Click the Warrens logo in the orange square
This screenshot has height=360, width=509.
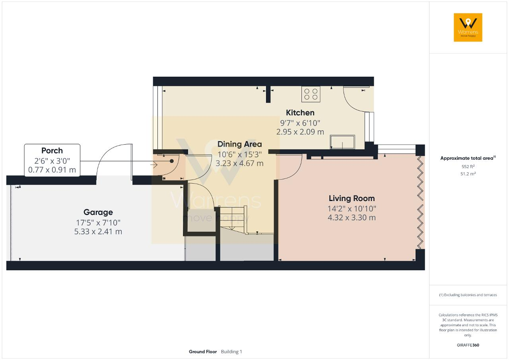pyautogui.click(x=468, y=27)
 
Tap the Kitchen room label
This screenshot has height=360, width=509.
pyautogui.click(x=300, y=112)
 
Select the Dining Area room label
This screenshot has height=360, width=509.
pyautogui.click(x=239, y=144)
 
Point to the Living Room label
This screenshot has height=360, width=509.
pyautogui.click(x=352, y=198)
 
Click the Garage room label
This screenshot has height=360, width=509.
pyautogui.click(x=98, y=212)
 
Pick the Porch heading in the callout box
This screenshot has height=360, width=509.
pyautogui.click(x=52, y=151)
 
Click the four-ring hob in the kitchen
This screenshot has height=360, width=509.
pyautogui.click(x=311, y=94)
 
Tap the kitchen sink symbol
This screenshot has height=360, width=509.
pyautogui.click(x=342, y=142)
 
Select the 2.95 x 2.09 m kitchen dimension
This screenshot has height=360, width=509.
pyautogui.click(x=300, y=132)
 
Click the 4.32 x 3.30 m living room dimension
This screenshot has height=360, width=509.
pyautogui.click(x=352, y=218)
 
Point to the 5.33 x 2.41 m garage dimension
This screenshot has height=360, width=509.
pyautogui.click(x=98, y=232)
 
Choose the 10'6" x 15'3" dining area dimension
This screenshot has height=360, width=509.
pyautogui.click(x=239, y=155)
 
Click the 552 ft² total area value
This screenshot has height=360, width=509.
pyautogui.click(x=468, y=166)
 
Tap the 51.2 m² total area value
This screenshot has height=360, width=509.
pyautogui.click(x=468, y=174)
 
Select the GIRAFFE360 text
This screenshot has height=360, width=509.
pyautogui.click(x=468, y=345)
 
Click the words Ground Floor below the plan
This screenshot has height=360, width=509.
pyautogui.click(x=203, y=352)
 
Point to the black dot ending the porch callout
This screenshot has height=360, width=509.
pyautogui.click(x=172, y=161)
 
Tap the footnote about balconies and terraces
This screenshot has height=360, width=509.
pyautogui.click(x=468, y=295)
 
